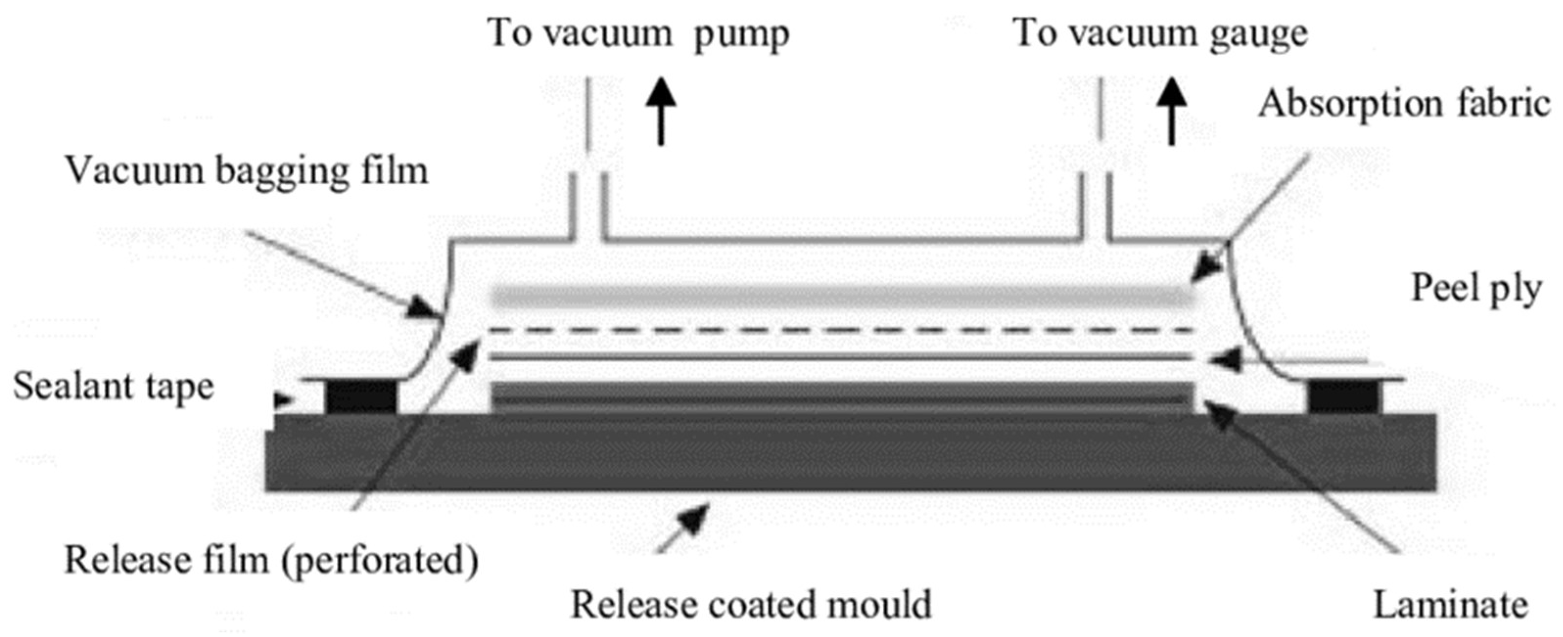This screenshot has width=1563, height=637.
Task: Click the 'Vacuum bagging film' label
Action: [246, 172]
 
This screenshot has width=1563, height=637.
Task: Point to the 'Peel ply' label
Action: [1476, 289]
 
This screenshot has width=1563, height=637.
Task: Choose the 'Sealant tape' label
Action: [114, 387]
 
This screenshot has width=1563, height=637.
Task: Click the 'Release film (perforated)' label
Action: [271, 559]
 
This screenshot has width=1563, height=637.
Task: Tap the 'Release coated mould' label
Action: [750, 605]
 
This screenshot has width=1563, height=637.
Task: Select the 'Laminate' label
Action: [1450, 605]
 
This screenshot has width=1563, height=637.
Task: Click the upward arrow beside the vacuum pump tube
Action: [660, 112]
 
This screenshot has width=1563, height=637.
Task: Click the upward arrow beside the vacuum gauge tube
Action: [1171, 112]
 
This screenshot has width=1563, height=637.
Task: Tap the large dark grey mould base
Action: [849, 452]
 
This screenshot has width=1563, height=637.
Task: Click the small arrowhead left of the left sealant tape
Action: [283, 400]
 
